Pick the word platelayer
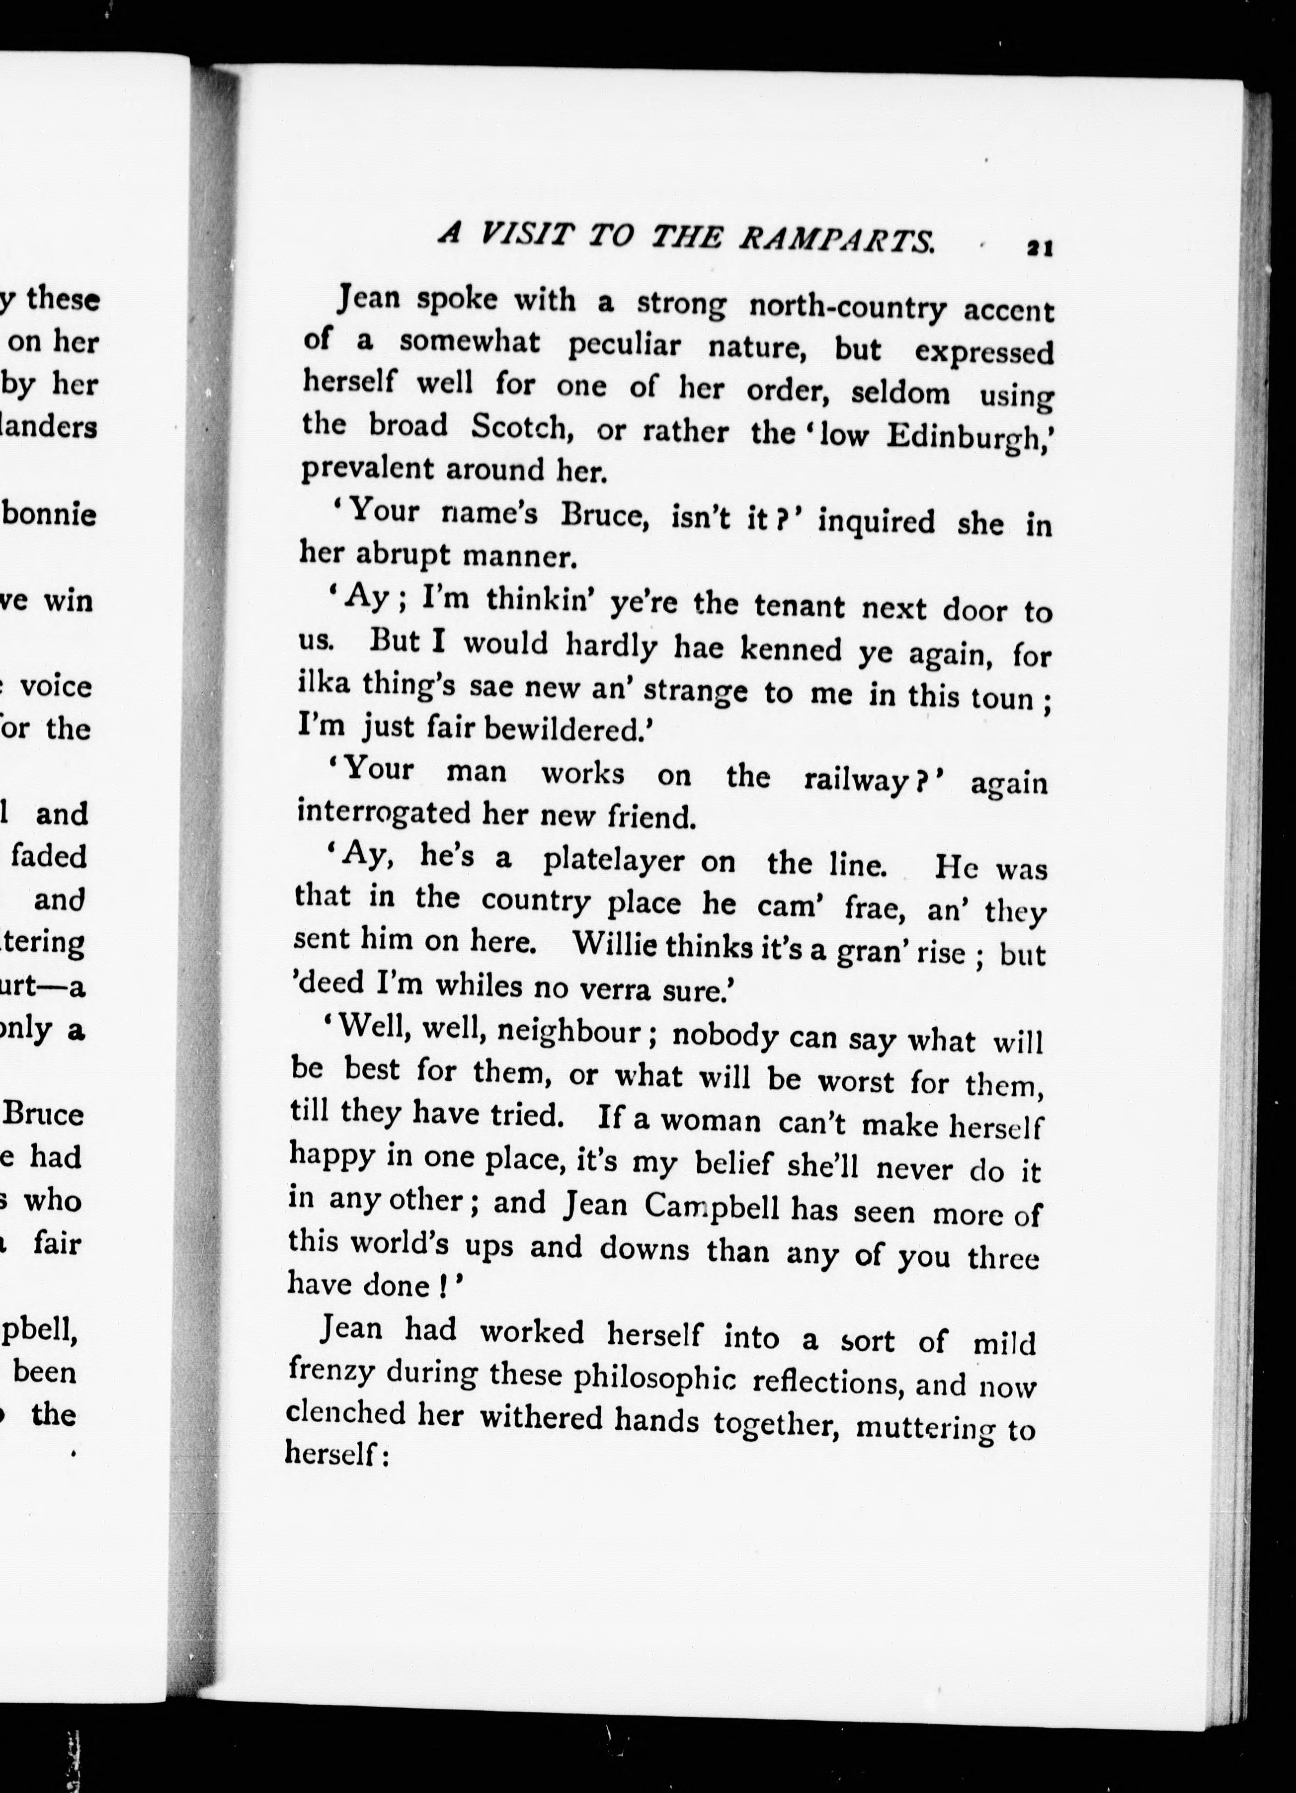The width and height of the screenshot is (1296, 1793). pos(614,861)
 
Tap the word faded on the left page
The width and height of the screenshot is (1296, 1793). pos(49,856)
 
